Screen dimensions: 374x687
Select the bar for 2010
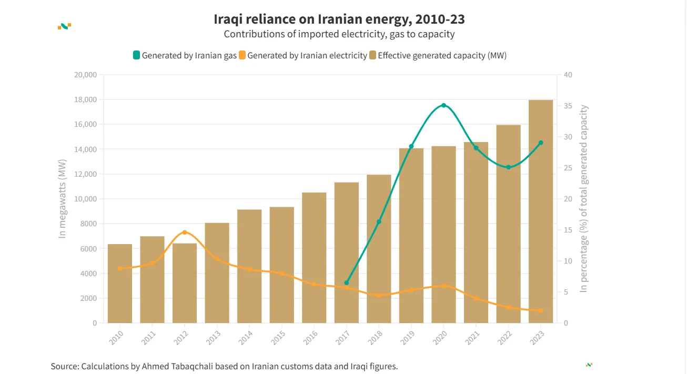[120, 284]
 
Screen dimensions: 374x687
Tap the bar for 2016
[314, 258]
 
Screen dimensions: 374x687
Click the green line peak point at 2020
[443, 105]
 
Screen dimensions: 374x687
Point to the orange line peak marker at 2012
[185, 233]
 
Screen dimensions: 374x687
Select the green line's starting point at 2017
[346, 283]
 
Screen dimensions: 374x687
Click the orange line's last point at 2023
[541, 310]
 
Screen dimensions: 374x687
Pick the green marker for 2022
[508, 167]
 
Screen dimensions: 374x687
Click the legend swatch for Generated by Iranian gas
[137, 55]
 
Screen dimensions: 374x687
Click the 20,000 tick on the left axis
[85, 75]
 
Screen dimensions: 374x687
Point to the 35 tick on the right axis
[568, 106]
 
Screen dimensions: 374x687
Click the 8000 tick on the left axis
[87, 224]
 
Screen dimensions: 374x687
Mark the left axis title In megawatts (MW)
[63, 198]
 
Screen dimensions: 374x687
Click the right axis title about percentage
[583, 199]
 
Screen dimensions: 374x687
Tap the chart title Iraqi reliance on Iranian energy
[339, 19]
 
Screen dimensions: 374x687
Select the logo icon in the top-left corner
[64, 26]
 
